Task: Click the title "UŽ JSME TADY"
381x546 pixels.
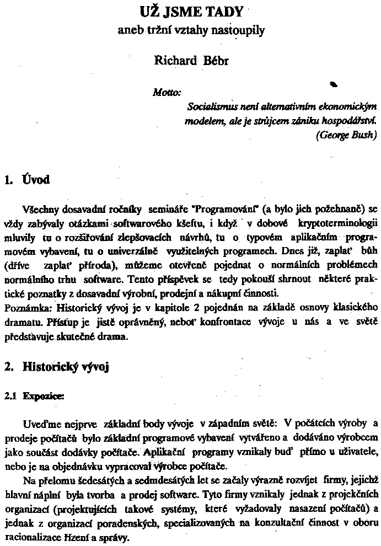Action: click(190, 12)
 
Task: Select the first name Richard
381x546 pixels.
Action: click(175, 61)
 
